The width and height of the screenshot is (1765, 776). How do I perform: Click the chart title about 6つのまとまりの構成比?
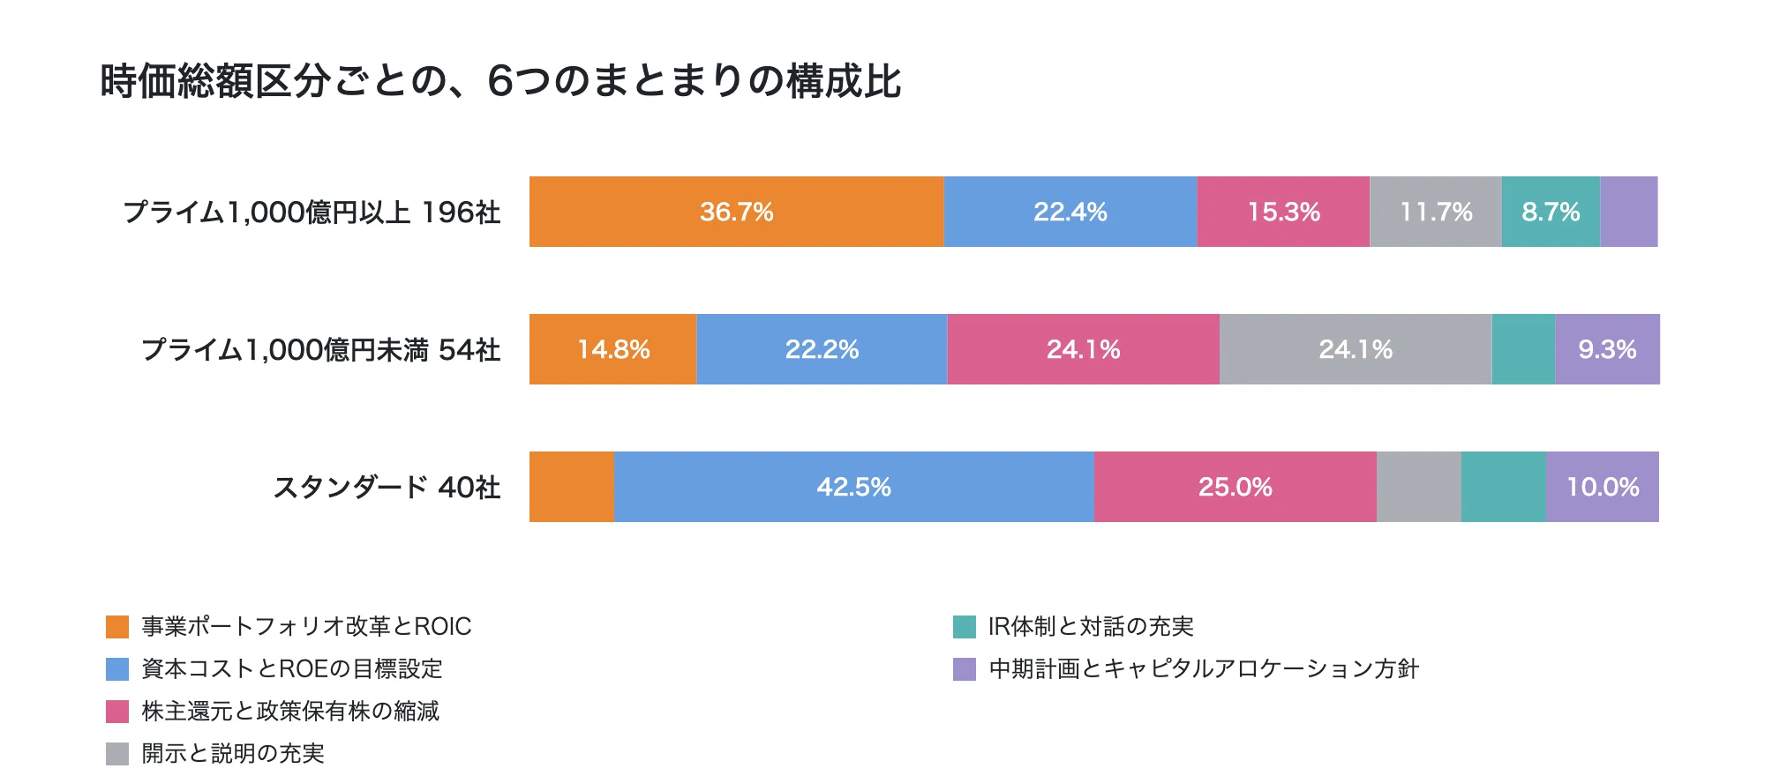[500, 81]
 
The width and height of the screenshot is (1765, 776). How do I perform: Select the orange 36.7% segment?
[737, 212]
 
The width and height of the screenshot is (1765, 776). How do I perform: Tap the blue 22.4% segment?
[1070, 212]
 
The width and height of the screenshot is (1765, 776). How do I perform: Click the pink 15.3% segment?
[1283, 212]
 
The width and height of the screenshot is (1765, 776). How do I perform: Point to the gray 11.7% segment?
[1436, 212]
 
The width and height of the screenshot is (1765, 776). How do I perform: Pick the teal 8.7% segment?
[1551, 212]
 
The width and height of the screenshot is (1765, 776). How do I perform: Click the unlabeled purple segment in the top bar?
[1629, 212]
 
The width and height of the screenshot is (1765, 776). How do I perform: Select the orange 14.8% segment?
[613, 349]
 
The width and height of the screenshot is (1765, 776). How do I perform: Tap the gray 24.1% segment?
[1356, 349]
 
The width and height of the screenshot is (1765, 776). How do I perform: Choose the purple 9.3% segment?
[1607, 349]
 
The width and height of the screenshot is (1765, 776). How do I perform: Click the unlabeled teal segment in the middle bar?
[1523, 349]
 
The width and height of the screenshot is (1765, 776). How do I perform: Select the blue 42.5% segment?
[854, 487]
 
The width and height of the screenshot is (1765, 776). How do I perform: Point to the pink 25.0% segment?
[1235, 487]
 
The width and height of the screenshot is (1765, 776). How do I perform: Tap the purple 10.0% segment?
[1603, 487]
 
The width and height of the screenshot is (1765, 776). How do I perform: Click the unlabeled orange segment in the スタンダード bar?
[572, 487]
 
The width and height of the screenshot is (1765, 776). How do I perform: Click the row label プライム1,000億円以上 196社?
[312, 213]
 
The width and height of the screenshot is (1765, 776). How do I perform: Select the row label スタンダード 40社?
[387, 488]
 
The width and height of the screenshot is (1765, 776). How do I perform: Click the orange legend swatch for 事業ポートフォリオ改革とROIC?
[117, 627]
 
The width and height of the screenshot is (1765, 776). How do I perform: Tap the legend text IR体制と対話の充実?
[1091, 627]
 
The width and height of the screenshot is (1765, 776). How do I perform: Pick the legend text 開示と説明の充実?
[233, 754]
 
